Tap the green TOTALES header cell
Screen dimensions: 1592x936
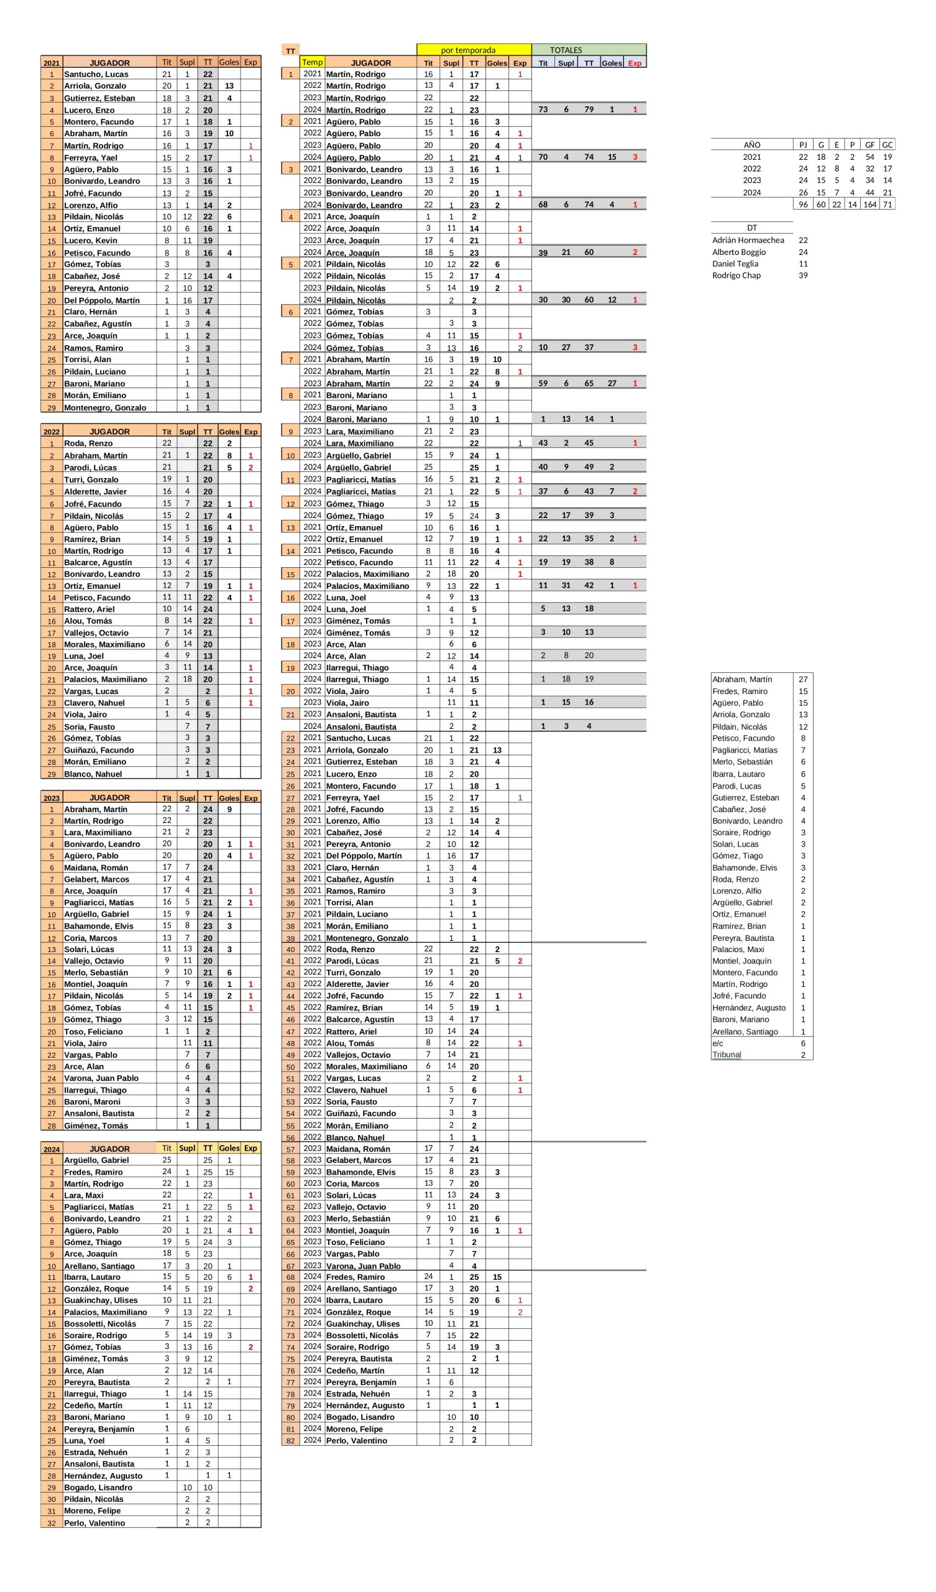566,50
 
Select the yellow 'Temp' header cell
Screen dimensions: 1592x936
312,62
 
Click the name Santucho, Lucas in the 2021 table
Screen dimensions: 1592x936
96,74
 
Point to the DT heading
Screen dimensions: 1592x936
751,228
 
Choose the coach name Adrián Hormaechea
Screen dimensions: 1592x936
748,240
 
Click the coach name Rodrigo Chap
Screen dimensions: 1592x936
736,275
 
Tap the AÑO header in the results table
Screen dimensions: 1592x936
751,145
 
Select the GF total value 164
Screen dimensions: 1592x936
869,204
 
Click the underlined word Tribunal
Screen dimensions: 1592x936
727,1054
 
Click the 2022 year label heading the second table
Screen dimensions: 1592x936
51,432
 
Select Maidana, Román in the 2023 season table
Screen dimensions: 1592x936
96,868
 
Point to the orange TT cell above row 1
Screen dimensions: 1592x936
290,50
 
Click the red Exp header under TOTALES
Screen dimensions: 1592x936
635,63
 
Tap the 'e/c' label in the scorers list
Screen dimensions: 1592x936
718,1043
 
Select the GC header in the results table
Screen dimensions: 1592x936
887,145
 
